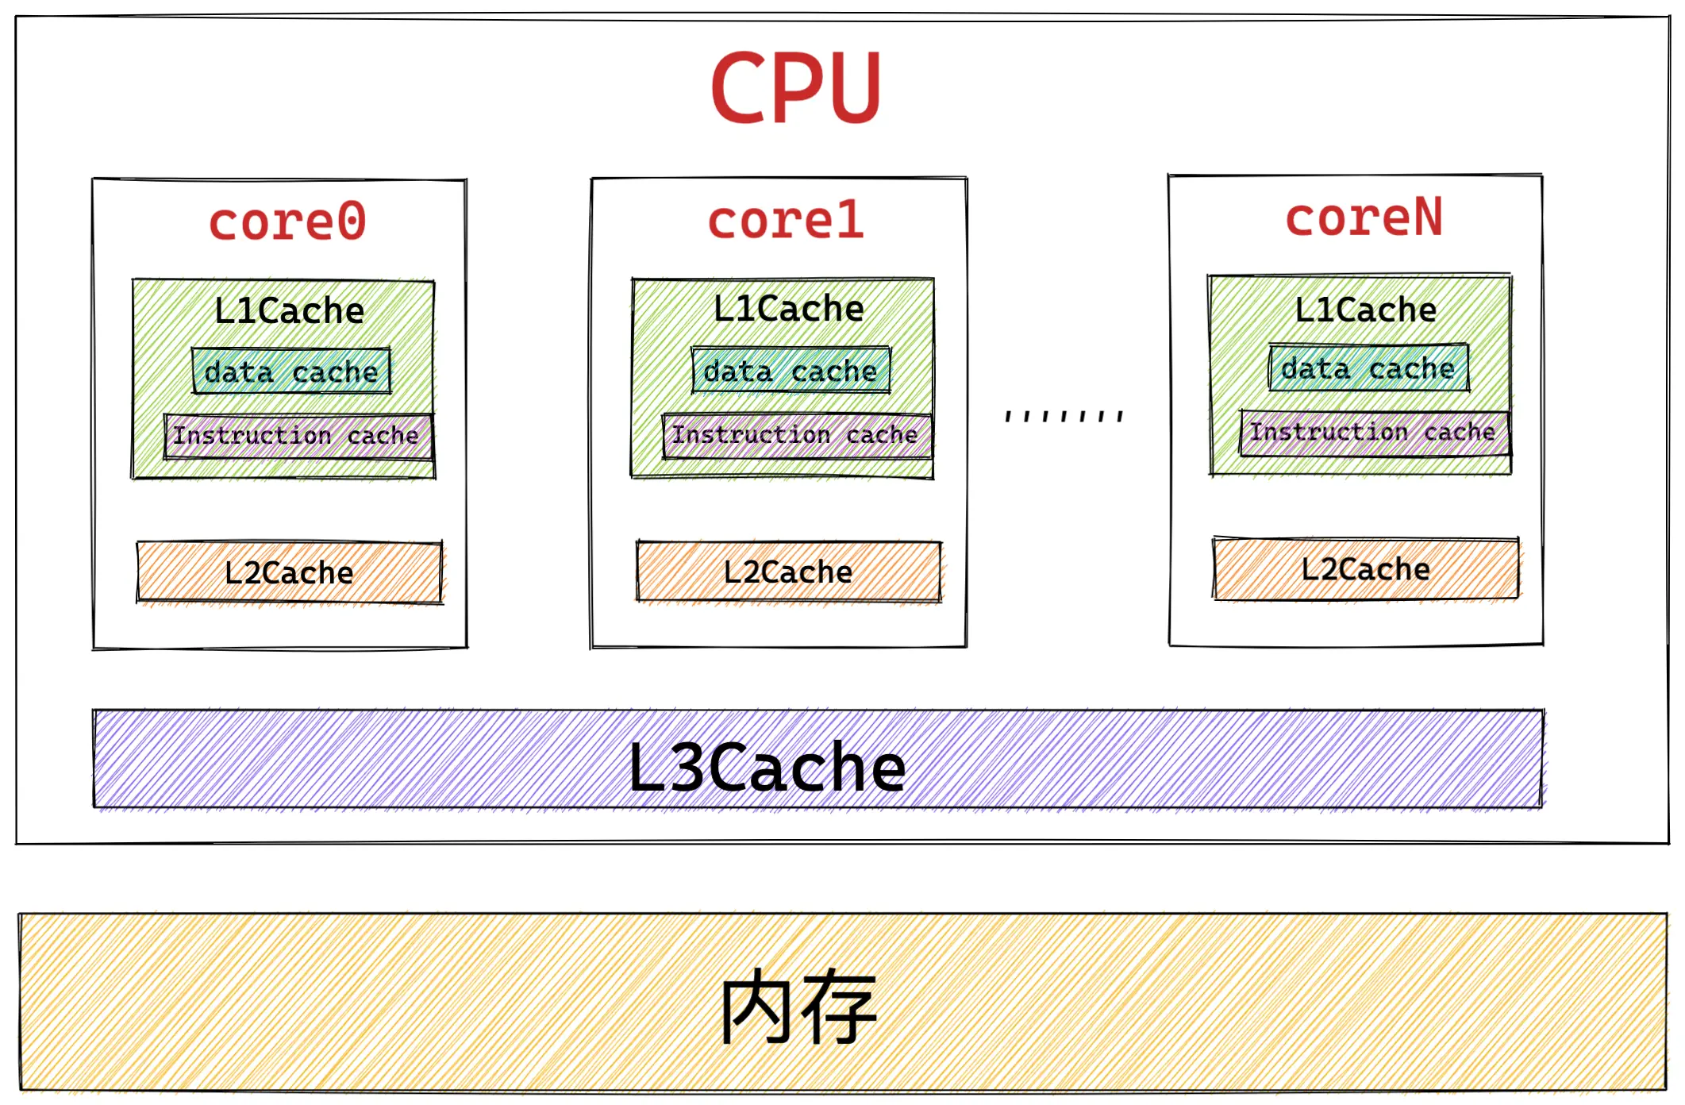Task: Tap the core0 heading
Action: pos(287,221)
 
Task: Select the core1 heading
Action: pos(785,220)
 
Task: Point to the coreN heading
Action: pos(1363,218)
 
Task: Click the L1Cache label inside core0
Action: pos(289,310)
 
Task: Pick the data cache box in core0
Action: pos(291,372)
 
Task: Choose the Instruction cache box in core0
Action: pos(297,436)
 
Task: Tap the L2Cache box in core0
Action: pos(289,572)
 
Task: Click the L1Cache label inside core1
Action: pos(788,309)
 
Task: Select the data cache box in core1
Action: pos(791,371)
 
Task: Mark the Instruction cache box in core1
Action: pos(795,435)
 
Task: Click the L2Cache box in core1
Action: pos(788,572)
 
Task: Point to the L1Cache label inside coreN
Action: pos(1365,310)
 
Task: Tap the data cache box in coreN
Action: pos(1368,368)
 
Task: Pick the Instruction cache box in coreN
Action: pos(1373,433)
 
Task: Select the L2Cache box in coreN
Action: pos(1365,569)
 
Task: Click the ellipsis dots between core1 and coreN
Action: pos(1064,416)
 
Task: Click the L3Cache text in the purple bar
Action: pos(767,768)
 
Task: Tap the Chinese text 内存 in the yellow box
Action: pos(798,1007)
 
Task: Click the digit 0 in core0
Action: pos(351,221)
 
